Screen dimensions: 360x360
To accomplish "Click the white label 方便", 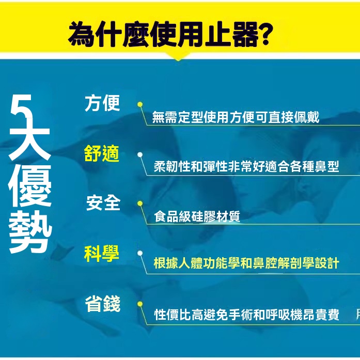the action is [102, 103].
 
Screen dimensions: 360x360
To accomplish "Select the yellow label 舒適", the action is [102, 153].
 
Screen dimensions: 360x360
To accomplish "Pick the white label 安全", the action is [103, 203].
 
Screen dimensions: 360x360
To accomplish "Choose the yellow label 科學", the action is [102, 253].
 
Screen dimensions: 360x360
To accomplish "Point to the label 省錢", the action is [103, 304].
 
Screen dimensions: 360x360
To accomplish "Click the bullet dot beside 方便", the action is [140, 104].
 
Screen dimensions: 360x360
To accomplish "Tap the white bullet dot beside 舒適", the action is [140, 155].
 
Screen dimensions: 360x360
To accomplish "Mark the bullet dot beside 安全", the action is [140, 204].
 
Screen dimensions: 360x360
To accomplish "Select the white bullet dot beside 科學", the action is [140, 253].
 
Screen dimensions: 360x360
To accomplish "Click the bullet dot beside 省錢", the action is [140, 304].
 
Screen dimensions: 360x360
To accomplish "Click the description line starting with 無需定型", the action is [236, 117].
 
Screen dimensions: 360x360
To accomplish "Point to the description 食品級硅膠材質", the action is [197, 216].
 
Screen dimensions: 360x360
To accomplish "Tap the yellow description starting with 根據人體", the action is [246, 263].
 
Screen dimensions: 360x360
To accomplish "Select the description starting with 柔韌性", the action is [246, 166].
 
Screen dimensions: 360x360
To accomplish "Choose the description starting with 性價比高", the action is [246, 315].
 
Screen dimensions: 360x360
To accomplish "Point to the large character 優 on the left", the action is [30, 185].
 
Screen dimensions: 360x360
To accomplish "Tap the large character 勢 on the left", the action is [30, 231].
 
